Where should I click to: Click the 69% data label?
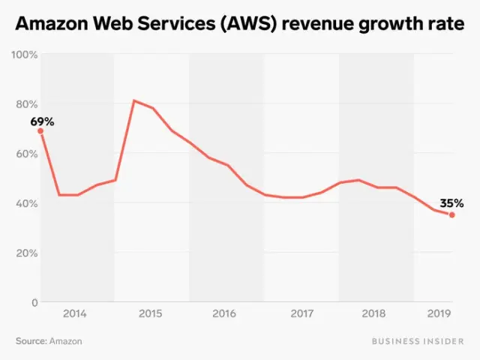coord(42,121)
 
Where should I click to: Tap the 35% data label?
coord(451,202)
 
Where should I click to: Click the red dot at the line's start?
coord(40,131)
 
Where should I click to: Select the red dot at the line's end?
coord(451,214)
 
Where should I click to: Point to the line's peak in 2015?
coord(133,100)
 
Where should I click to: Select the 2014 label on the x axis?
coord(75,313)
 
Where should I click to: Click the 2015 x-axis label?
coord(150,313)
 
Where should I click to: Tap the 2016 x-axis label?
coord(225,313)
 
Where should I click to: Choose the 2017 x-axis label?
coord(301,313)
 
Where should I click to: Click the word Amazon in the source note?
coord(66,341)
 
